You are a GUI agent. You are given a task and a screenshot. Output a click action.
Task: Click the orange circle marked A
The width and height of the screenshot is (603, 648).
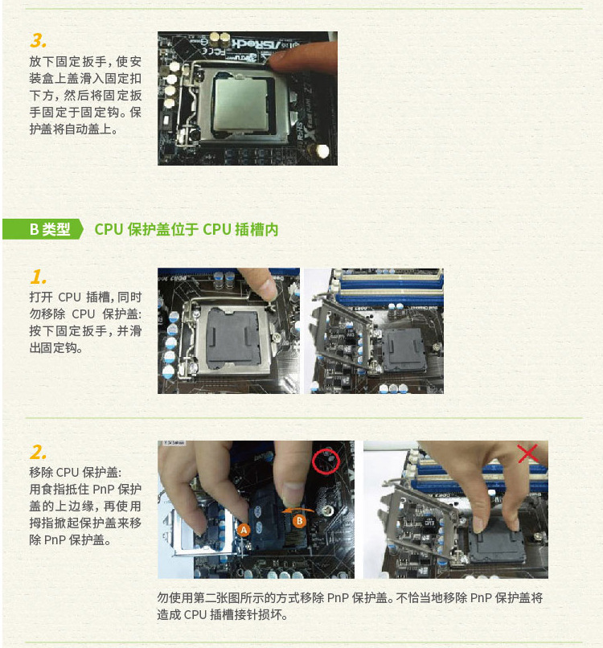tap(244, 529)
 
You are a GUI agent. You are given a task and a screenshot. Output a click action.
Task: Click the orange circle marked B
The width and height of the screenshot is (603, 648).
tap(299, 521)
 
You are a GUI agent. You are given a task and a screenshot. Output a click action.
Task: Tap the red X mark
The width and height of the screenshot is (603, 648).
tap(527, 453)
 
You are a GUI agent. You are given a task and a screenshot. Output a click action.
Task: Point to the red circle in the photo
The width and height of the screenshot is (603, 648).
tap(326, 461)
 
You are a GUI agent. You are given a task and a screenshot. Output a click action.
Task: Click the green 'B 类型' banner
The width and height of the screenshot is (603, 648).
tap(43, 229)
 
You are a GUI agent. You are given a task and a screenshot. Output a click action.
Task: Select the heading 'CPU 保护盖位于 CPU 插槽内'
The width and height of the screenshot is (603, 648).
tap(187, 229)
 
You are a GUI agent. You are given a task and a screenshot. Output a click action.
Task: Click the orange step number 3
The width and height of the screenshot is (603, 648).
tap(38, 40)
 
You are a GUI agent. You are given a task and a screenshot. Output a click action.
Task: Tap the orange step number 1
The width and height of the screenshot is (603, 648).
tap(38, 277)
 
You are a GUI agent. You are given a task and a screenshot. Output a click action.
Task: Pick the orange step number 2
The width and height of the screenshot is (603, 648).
tap(38, 452)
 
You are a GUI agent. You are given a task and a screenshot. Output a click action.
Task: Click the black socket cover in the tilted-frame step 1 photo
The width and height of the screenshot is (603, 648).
tap(404, 350)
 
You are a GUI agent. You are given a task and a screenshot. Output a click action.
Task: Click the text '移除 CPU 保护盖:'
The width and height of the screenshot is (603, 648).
tap(76, 472)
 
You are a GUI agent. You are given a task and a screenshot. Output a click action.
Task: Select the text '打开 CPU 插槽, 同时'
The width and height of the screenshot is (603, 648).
tap(85, 297)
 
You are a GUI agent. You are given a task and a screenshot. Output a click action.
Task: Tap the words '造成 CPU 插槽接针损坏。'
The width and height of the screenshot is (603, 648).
tap(222, 614)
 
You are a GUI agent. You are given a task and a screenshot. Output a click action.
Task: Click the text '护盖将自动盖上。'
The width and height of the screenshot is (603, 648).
tap(74, 129)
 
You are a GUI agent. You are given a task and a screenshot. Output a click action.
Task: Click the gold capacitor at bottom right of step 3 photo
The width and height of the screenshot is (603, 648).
tap(322, 151)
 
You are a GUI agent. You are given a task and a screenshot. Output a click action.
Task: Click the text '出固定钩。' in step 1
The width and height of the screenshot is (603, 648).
tap(55, 347)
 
